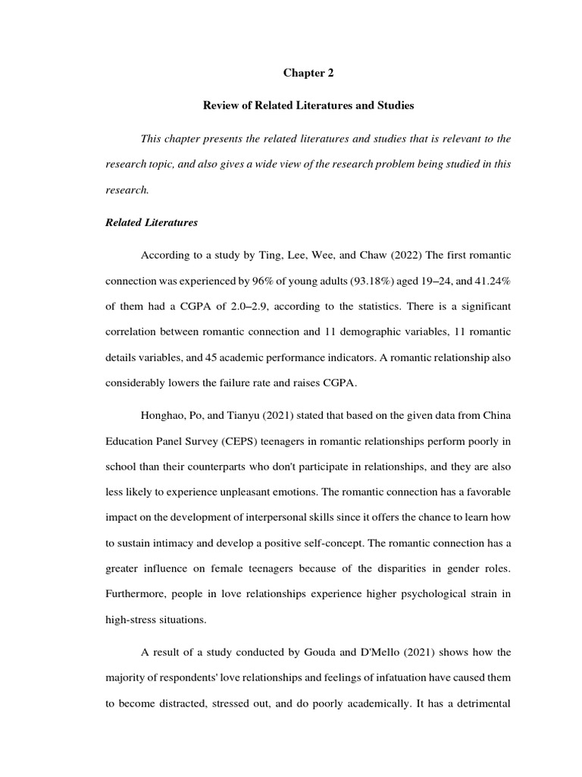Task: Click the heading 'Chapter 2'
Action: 308,73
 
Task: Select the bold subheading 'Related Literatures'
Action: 152,222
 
